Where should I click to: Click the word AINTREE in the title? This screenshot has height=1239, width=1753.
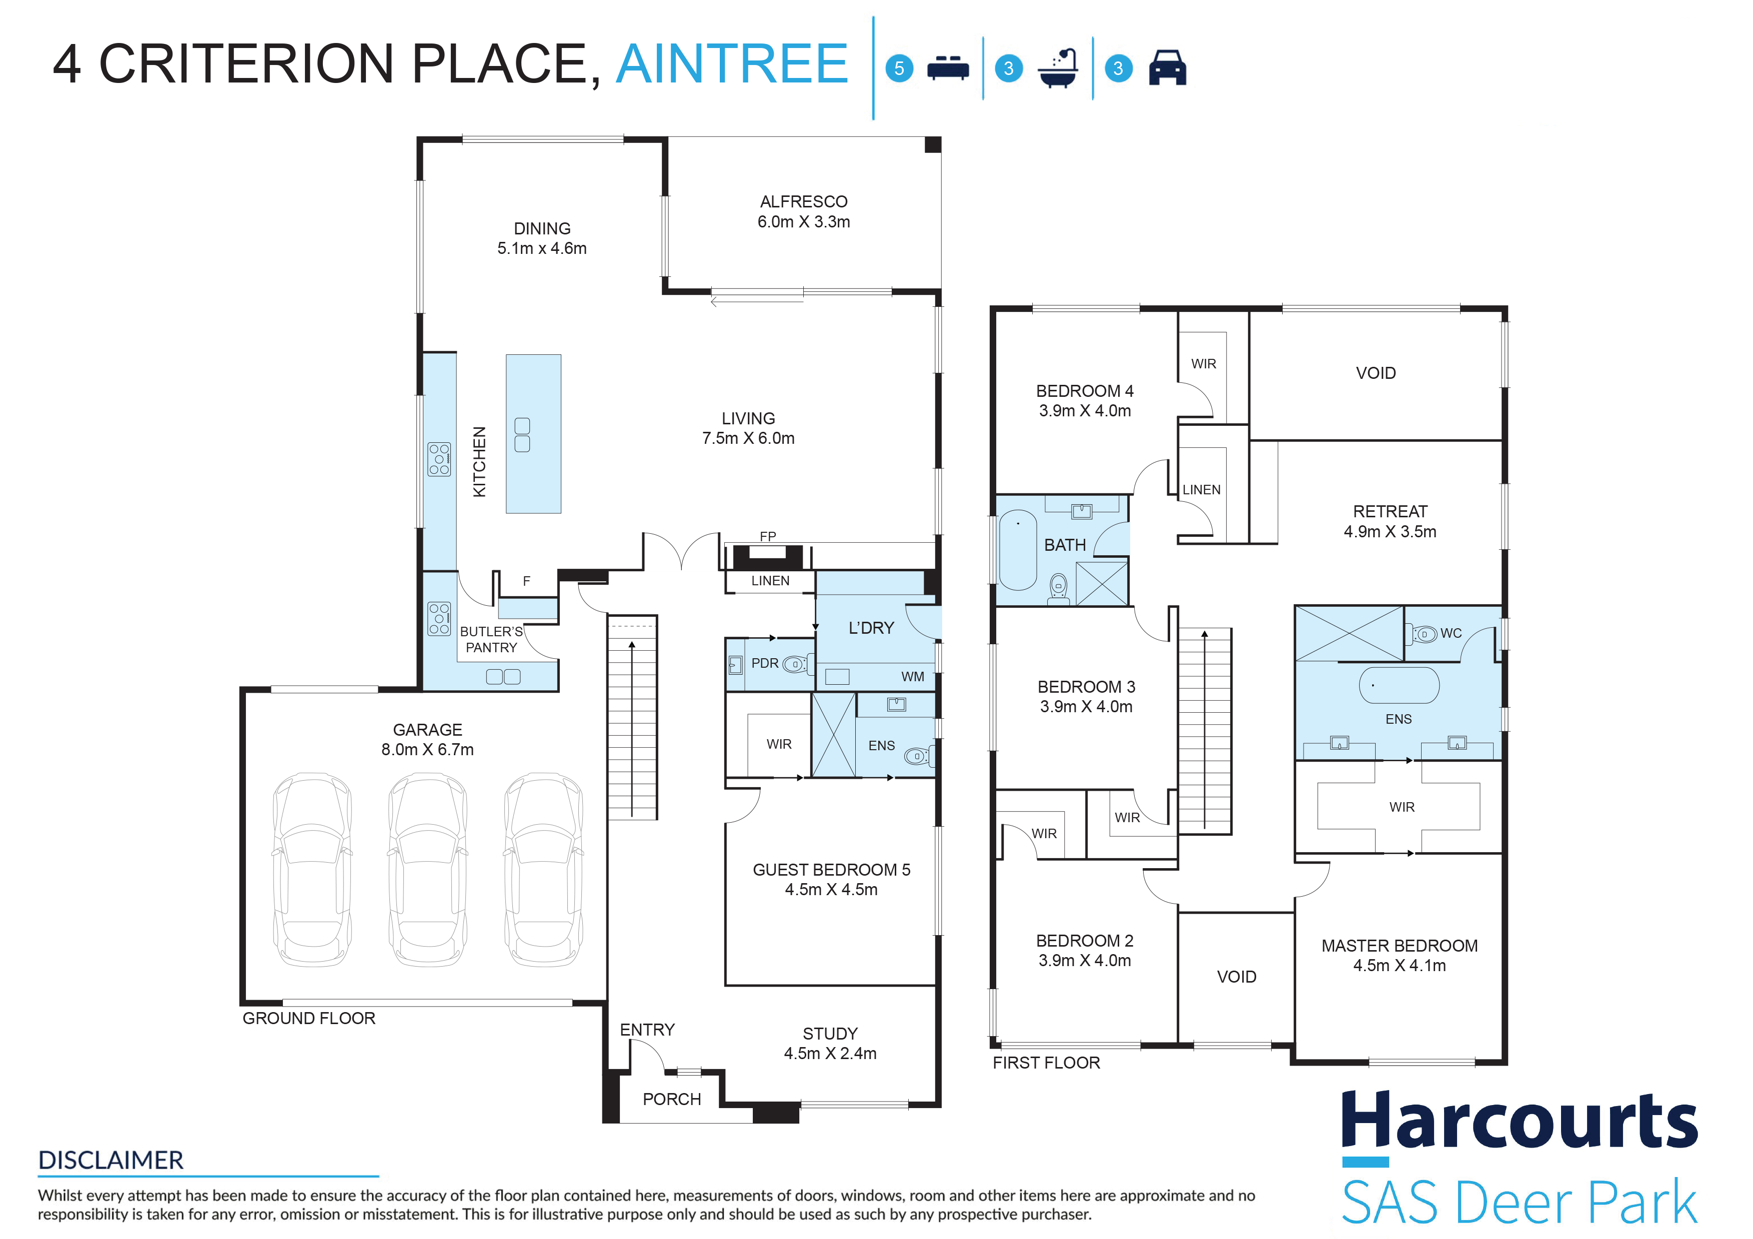point(731,63)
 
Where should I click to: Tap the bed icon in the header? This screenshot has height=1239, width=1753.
point(948,68)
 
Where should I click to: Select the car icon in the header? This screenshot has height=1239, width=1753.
point(1167,67)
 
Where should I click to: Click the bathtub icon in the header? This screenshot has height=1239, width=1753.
point(1058,68)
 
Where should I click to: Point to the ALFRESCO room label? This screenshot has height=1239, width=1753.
point(803,201)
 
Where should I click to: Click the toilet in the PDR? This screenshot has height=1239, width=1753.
point(795,664)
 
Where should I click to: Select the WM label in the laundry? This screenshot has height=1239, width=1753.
point(912,676)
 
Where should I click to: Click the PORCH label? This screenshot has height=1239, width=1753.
point(672,1099)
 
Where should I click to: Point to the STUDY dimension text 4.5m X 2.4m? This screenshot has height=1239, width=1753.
point(830,1054)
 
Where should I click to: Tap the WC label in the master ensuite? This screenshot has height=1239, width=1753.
point(1451,633)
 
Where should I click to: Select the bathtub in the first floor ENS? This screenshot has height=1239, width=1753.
point(1399,685)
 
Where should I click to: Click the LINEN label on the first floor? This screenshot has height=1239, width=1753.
point(1201,489)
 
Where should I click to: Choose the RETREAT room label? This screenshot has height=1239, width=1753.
point(1390,511)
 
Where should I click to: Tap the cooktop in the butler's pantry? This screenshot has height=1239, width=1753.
point(439,618)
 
